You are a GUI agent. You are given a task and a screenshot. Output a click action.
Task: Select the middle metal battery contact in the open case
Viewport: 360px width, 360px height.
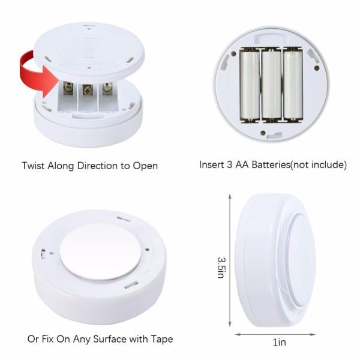pyautogui.click(x=88, y=90)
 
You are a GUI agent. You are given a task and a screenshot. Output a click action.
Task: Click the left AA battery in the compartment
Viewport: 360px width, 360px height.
pyautogui.click(x=249, y=84)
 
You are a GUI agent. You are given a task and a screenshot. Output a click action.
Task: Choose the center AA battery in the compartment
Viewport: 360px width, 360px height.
pyautogui.click(x=271, y=84)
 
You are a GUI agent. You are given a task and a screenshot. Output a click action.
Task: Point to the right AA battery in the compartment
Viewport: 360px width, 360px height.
pyautogui.click(x=292, y=84)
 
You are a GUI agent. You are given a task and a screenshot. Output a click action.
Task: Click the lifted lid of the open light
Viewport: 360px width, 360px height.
pyautogui.click(x=90, y=45)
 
